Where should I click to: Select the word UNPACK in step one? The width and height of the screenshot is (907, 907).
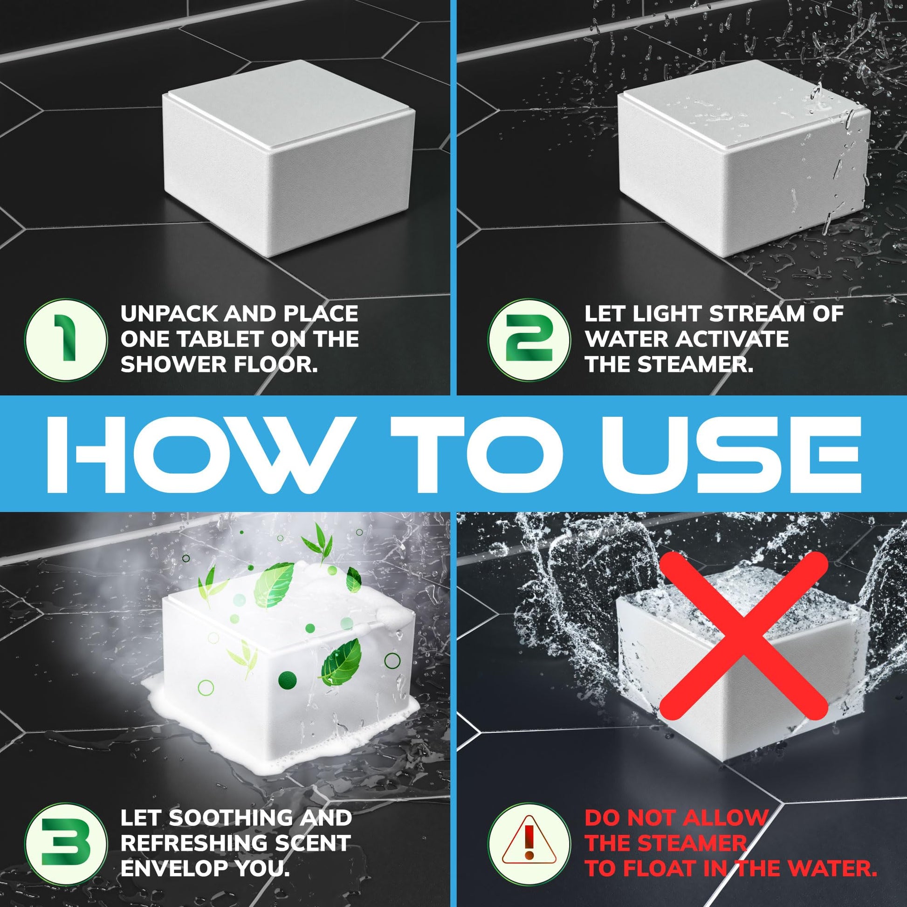[x=170, y=314]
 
